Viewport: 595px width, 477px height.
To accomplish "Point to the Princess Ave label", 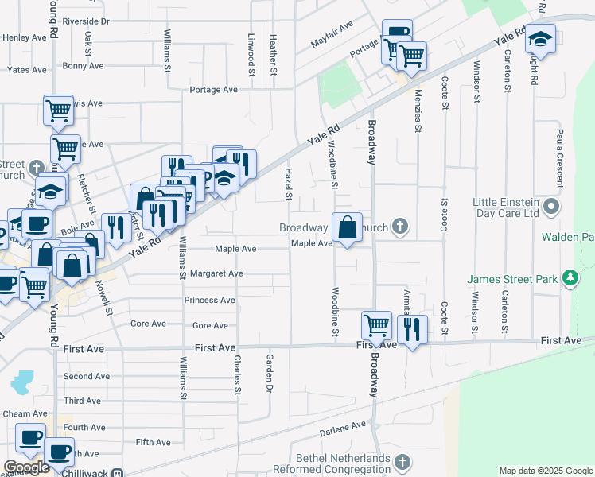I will [x=209, y=301].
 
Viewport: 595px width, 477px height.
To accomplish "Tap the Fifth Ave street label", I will [x=154, y=442].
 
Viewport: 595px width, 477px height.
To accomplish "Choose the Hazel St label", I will [x=289, y=184].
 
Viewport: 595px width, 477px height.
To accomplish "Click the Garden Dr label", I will [x=270, y=374].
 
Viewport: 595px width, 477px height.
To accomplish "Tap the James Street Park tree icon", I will [x=570, y=278].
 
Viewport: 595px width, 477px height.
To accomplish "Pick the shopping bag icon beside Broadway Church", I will [x=347, y=227].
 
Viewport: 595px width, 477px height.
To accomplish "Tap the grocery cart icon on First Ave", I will [x=376, y=324].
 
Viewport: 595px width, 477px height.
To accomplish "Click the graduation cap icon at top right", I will [x=540, y=40].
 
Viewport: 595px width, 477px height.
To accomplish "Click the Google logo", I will [x=25, y=467].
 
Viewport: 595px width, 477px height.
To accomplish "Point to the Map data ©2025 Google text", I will [x=545, y=471].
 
